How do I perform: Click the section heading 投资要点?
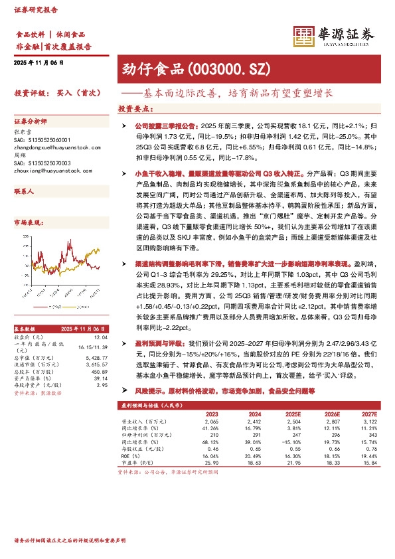[x=131, y=108]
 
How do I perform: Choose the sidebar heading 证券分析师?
[x=31, y=122]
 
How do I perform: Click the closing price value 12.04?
[x=101, y=337]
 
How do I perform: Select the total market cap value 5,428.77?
[x=97, y=358]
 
